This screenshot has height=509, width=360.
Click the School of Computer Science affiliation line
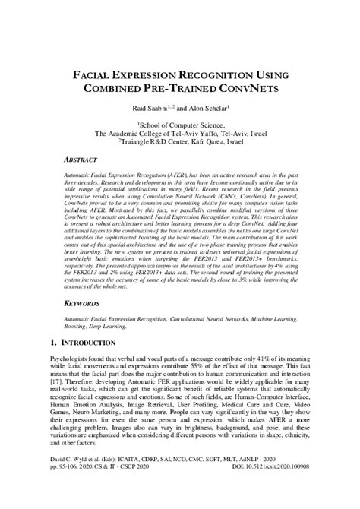pyautogui.click(x=179, y=123)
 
